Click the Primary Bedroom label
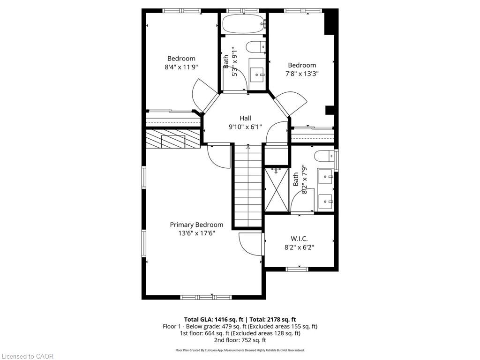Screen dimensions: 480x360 click(196, 225)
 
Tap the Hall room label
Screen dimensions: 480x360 click(245, 118)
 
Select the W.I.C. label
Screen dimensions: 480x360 click(299, 239)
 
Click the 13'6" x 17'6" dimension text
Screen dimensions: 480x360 click(196, 233)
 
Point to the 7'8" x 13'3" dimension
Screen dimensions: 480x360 click(302, 74)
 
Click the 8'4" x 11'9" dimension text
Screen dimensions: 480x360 click(181, 67)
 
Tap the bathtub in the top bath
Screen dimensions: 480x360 click(243, 23)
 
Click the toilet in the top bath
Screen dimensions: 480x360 click(256, 47)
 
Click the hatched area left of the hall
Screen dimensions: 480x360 click(173, 139)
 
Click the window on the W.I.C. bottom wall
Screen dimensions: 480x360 click(297, 269)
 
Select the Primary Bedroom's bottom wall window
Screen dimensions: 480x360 click(206, 297)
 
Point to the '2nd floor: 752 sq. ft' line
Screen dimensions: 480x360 click(240, 340)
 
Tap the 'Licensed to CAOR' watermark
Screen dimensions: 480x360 click(27, 356)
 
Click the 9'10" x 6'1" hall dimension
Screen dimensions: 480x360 click(245, 127)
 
